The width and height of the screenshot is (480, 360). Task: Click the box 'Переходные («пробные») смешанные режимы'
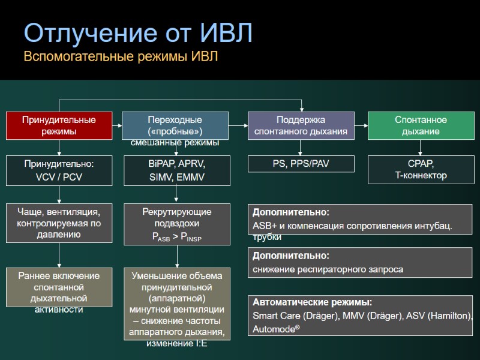point(175,127)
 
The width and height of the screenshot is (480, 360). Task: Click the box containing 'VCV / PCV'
point(59,170)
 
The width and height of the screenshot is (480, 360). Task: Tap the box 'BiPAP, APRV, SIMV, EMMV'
point(176,170)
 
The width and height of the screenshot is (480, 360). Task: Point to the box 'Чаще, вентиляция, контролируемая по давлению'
point(59,223)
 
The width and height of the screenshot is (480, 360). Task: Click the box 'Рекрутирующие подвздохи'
point(176,224)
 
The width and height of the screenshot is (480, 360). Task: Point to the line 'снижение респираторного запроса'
point(328,269)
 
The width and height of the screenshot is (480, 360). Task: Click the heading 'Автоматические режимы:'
point(312,302)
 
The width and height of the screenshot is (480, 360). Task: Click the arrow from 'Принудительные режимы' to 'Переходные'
point(117,125)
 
